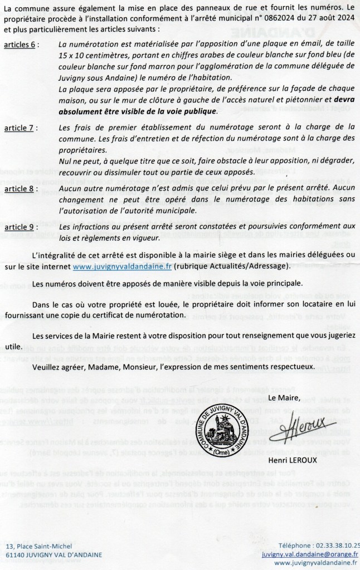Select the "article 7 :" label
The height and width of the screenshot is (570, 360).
tap(21, 128)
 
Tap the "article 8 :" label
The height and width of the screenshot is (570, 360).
tap(21, 190)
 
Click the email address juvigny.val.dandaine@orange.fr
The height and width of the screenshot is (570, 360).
tap(310, 555)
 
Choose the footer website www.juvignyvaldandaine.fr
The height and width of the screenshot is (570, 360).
tap(317, 564)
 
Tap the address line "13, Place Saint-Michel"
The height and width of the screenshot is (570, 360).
tap(39, 546)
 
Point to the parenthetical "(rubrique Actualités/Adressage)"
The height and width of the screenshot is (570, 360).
tap(228, 266)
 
